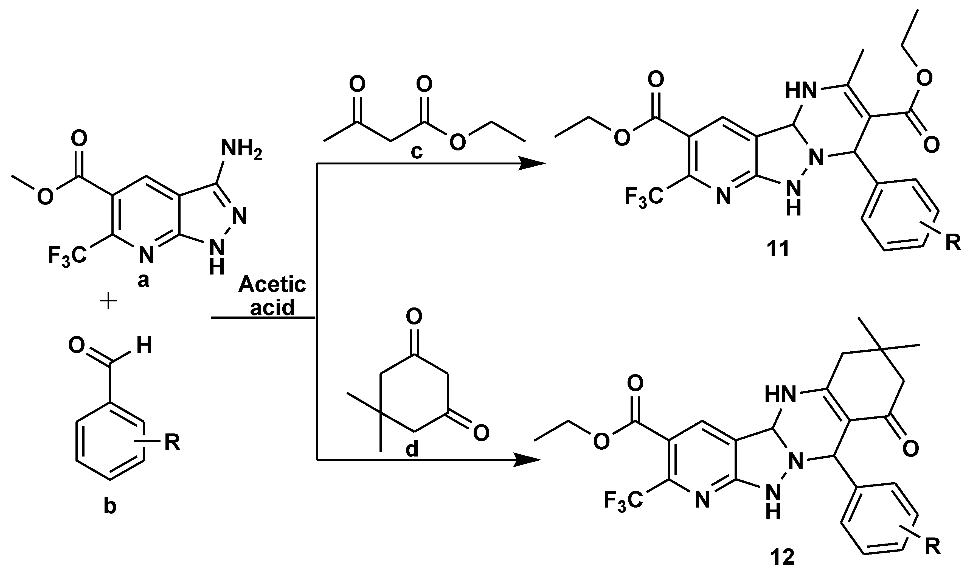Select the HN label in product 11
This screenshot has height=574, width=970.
pos(802,91)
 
